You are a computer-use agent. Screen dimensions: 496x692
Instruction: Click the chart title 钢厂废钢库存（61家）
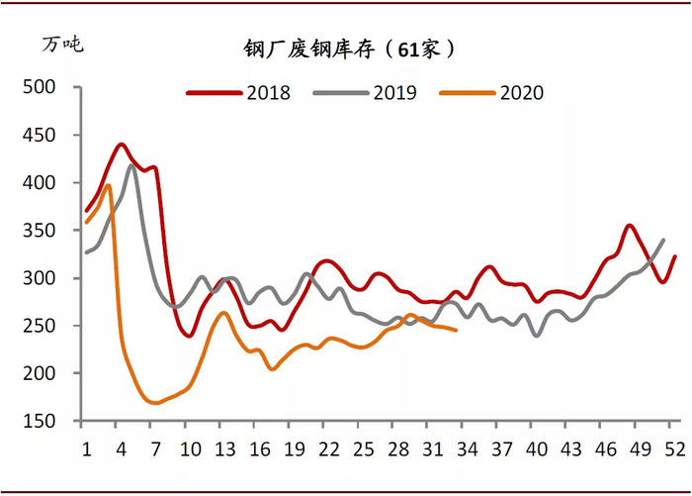(350, 49)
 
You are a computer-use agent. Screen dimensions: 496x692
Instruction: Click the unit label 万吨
(62, 45)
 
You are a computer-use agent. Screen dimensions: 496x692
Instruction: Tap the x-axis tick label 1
(86, 448)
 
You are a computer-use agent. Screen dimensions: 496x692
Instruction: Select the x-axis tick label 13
(226, 448)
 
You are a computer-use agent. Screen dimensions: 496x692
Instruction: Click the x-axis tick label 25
(364, 448)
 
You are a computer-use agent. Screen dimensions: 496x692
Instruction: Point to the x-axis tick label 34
(468, 448)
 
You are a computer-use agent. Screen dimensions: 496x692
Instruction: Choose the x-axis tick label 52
(674, 448)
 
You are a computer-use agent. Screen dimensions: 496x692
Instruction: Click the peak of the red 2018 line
(122, 145)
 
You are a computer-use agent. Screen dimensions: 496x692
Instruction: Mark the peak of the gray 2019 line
(132, 165)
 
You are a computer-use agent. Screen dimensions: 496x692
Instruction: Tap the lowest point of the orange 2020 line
(154, 403)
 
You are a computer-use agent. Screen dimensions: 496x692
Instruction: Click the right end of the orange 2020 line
(456, 330)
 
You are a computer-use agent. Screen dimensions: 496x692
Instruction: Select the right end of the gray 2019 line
(662, 240)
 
